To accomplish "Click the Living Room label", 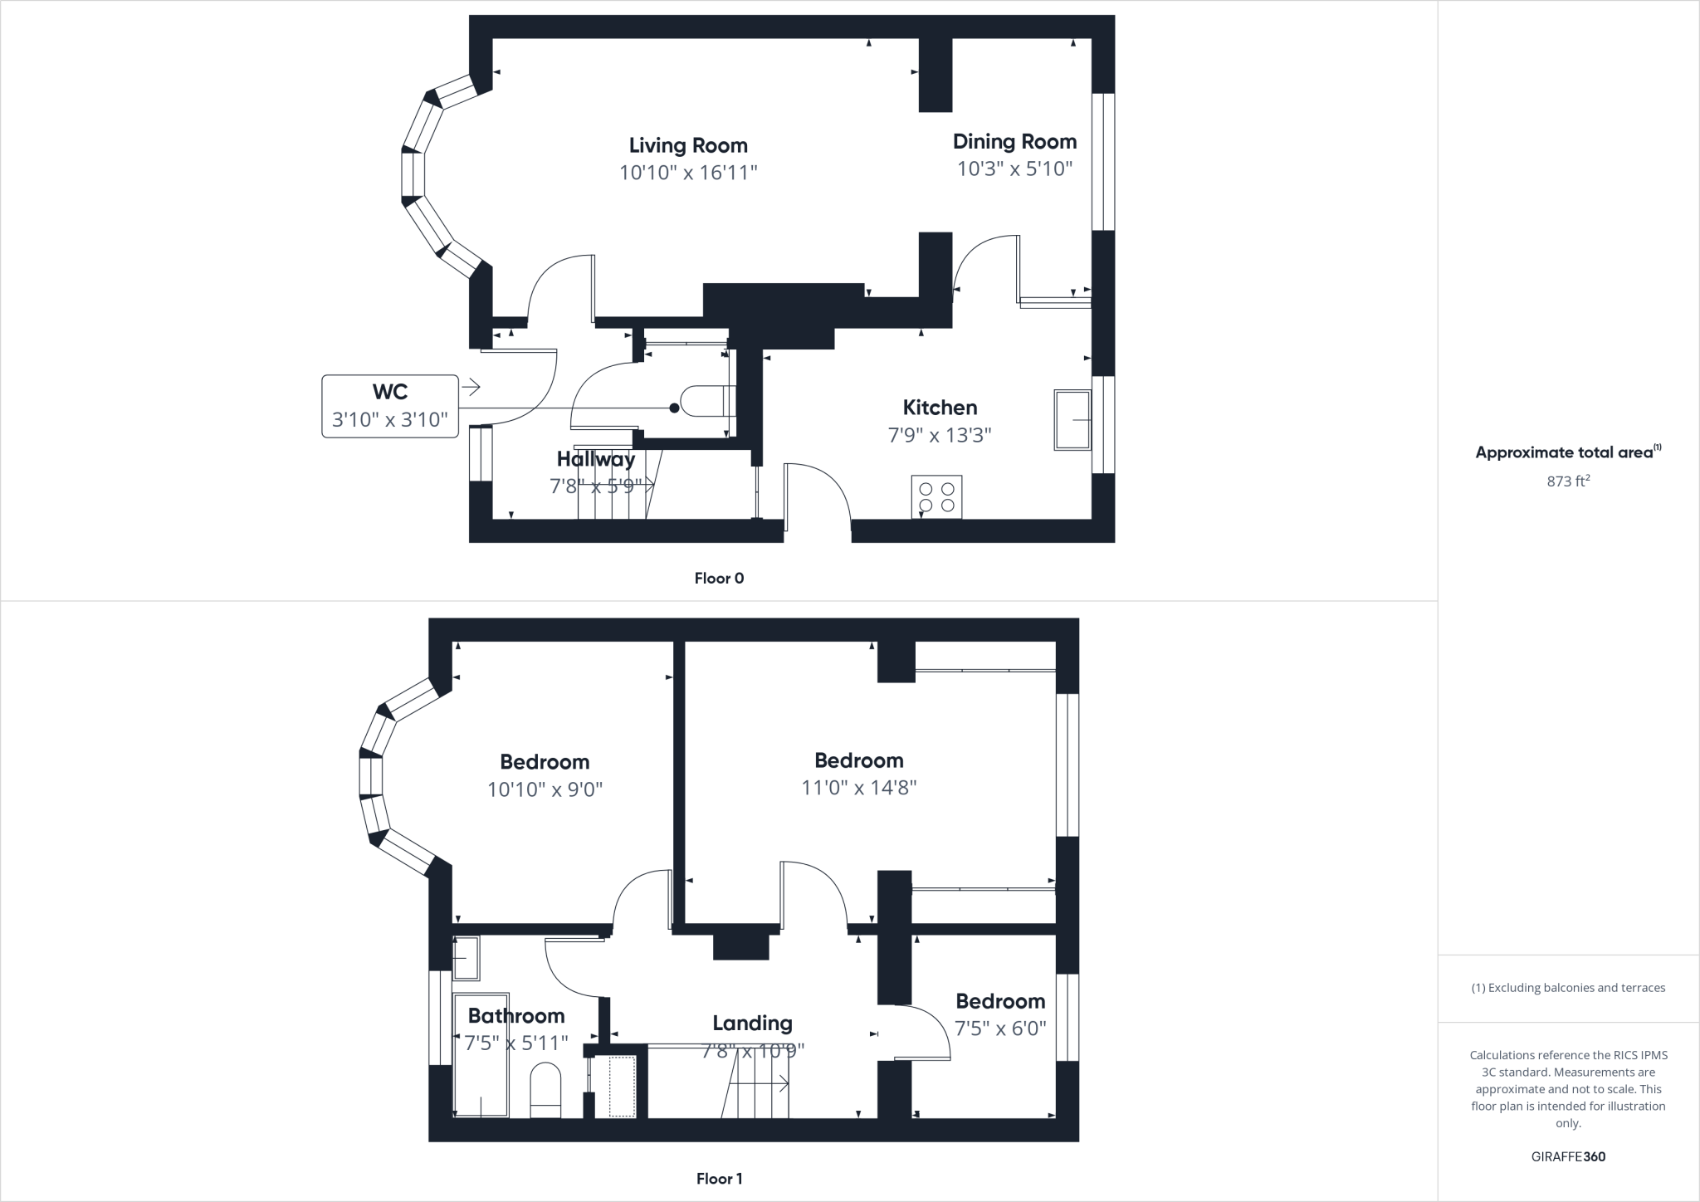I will coord(688,145).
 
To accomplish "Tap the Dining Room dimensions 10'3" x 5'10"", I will coord(1014,169).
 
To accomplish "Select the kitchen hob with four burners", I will coord(936,496).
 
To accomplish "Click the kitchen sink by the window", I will coord(1072,420).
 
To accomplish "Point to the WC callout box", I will coord(390,406).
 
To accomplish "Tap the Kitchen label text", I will coord(940,408).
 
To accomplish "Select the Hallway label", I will coord(595,459).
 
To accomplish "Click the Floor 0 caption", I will coord(719,579).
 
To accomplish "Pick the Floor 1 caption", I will coord(719,1179).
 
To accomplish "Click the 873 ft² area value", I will coord(1568,481).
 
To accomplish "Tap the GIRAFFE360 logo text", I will coord(1568,1156).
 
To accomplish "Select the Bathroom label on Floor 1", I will coord(516,1015).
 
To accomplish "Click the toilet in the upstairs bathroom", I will coord(545,1089).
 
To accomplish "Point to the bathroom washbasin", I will coord(467,957).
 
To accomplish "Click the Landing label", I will coord(752,1023).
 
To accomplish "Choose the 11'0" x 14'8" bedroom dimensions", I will coord(858,787).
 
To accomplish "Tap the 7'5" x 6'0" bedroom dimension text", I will coord(1000,1029).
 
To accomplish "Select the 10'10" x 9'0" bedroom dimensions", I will coord(545,789).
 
